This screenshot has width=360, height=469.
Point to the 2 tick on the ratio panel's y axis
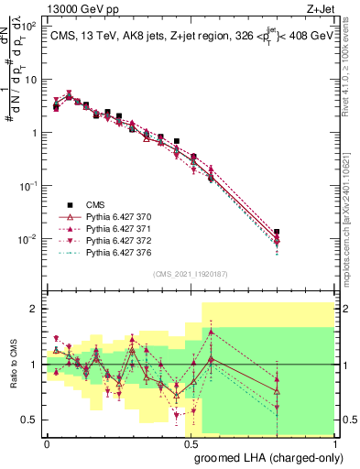point(36,309)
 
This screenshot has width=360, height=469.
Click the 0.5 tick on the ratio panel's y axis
point(32,420)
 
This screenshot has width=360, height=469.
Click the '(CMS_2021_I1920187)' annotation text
point(191,274)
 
